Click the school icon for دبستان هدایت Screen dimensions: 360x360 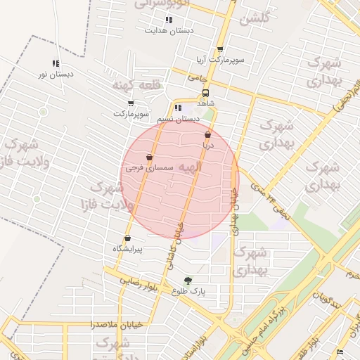pos(168,20)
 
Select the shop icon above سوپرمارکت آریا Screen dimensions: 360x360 pos(220,50)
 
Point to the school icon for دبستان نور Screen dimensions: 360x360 pos(56,63)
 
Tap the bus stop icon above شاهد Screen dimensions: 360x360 pos(205,93)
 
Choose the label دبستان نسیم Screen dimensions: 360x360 pos(173,120)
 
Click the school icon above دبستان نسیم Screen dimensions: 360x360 pos(178,108)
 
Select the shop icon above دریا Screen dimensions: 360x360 pos(207,135)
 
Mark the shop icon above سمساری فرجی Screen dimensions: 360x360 pos(149,157)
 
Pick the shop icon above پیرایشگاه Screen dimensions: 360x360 pos(127,238)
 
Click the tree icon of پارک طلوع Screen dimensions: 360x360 pos(187,280)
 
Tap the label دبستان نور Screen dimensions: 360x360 pos(56,74)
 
